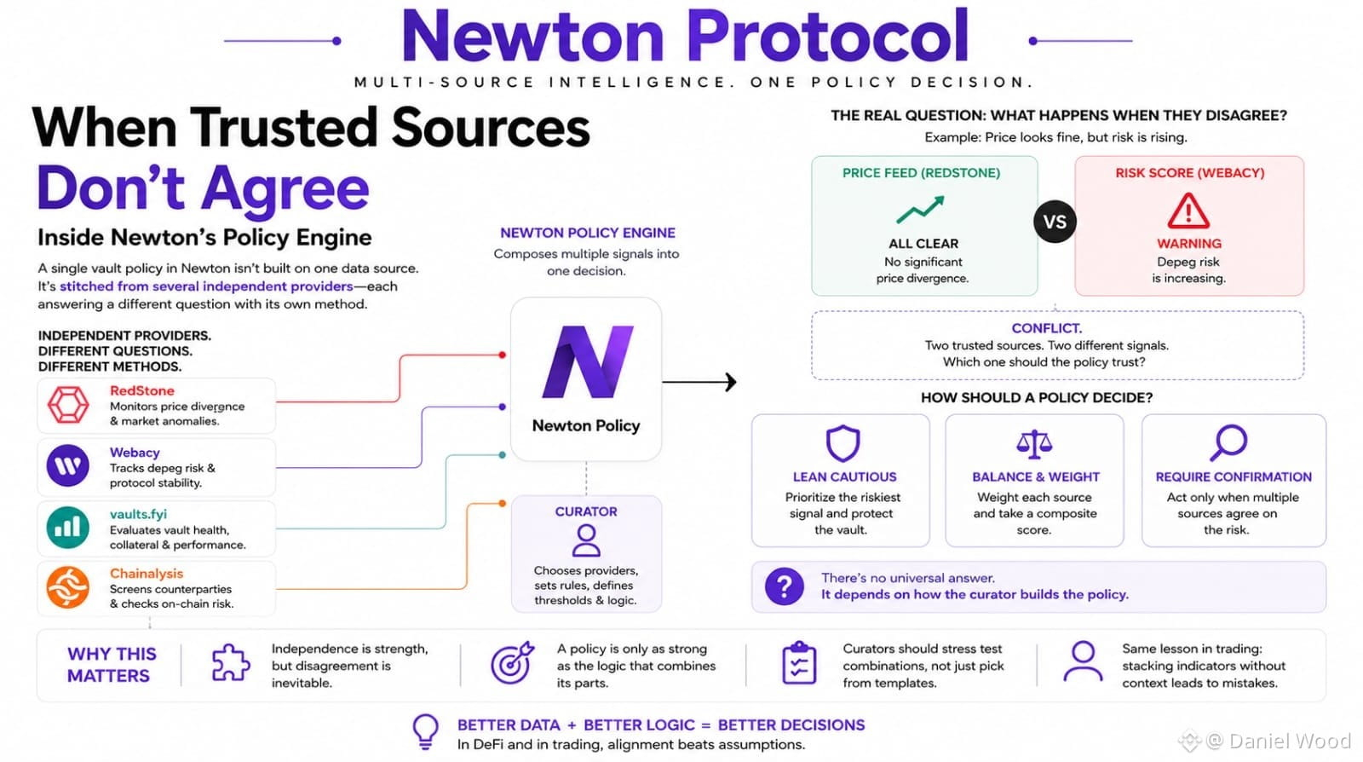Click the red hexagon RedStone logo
[x=68, y=405]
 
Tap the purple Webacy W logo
[x=67, y=465]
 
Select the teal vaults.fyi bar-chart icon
[x=67, y=527]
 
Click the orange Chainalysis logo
[x=67, y=587]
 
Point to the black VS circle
[x=1055, y=222]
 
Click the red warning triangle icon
[x=1188, y=211]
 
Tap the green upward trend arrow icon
[x=921, y=209]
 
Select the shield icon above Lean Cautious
[x=843, y=443]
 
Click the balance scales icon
[x=1034, y=444]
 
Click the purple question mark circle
[x=785, y=586]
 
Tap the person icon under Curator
[x=586, y=541]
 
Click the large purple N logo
[x=587, y=361]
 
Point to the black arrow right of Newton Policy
[x=699, y=382]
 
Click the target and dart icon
[x=512, y=662]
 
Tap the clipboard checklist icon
[x=799, y=662]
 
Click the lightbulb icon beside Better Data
[x=425, y=731]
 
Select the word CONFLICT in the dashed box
[x=1047, y=328]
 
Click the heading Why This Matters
[x=112, y=665]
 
